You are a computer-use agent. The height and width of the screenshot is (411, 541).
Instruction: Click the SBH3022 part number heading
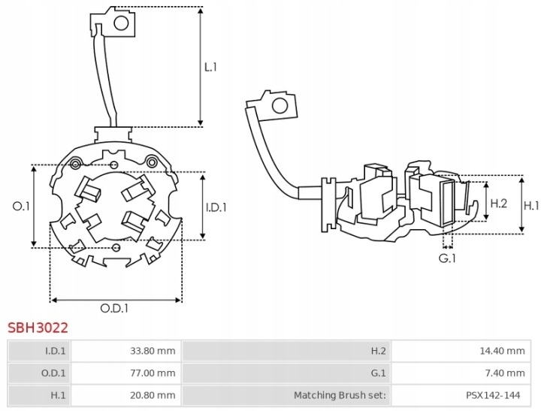point(38,328)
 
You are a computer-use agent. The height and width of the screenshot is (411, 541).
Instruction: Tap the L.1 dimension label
point(210,67)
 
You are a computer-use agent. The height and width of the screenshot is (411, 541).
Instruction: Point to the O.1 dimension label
point(21,207)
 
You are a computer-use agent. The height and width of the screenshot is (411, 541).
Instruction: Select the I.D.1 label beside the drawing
point(216,207)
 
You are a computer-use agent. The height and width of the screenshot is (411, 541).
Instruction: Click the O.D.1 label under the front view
point(114,308)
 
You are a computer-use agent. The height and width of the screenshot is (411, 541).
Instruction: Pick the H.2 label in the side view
point(499,204)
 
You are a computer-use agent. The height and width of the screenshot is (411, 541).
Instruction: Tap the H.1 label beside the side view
point(531,206)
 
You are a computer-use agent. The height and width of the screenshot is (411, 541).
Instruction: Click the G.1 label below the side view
point(447,258)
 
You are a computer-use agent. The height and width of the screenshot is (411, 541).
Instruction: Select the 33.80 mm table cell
point(153,351)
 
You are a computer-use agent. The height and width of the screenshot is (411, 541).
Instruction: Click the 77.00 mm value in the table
point(153,373)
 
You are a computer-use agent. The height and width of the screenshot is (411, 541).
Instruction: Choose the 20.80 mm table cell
point(153,395)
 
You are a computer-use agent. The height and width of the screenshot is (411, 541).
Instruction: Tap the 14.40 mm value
point(502,351)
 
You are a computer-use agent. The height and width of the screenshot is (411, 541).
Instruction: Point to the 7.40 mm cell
point(505,373)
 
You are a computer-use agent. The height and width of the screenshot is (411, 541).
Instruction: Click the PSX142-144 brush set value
point(493,395)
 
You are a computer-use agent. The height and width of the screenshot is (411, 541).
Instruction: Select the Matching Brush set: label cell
point(340,395)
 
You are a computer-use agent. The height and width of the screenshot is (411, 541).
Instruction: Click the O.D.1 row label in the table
point(53,373)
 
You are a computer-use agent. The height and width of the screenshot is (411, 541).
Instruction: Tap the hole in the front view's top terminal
point(121,23)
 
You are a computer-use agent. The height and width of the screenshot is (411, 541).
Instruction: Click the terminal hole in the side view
point(280,106)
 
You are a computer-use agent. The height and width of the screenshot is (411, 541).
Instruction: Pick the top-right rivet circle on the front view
point(151,162)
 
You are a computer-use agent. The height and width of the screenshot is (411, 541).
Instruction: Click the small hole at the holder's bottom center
point(116,247)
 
